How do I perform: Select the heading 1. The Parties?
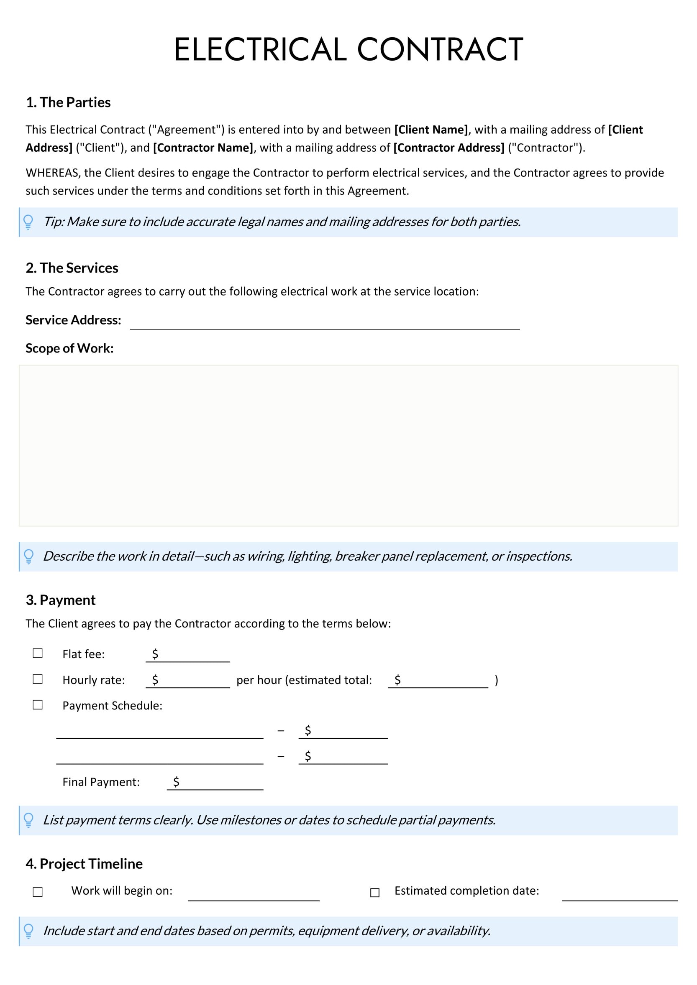(68, 102)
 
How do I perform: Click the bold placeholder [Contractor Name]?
(203, 148)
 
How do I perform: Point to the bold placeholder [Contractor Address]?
(448, 148)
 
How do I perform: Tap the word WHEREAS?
(53, 173)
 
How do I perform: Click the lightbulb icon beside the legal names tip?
(28, 222)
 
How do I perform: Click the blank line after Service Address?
(325, 325)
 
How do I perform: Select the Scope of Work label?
(69, 348)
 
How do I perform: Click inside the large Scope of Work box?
(348, 445)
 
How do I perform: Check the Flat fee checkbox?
(38, 653)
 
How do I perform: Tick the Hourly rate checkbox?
(38, 679)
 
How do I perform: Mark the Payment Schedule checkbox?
(38, 704)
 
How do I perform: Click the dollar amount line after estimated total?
(442, 681)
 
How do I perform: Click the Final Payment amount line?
(219, 783)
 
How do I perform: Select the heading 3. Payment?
(61, 600)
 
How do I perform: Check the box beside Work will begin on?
(38, 892)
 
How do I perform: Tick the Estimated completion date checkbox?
(375, 892)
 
